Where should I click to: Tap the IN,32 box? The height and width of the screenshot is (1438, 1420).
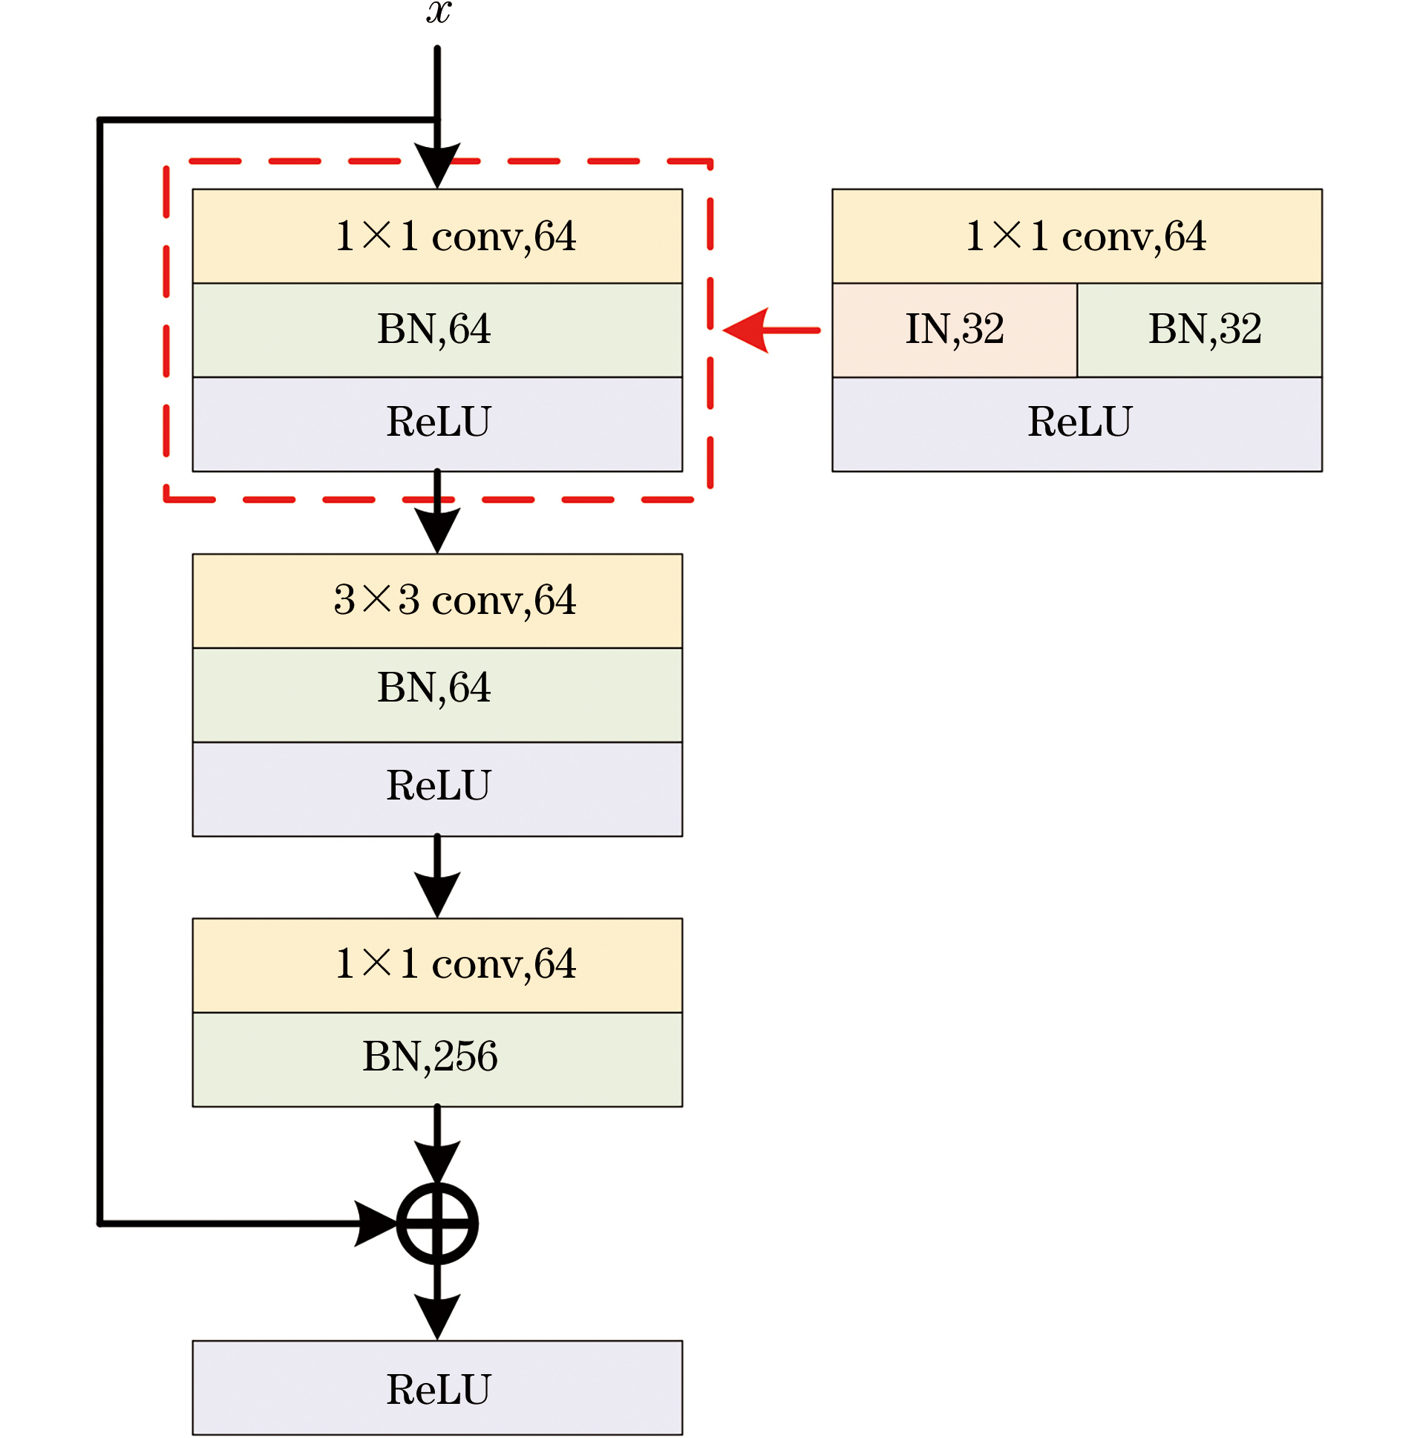point(954,330)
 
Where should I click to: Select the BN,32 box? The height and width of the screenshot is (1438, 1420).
point(1199,330)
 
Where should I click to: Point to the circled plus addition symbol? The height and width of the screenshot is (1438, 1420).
point(437,1223)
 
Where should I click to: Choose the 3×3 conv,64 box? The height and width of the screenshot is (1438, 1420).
point(437,601)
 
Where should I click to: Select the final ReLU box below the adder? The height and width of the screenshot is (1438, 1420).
point(437,1388)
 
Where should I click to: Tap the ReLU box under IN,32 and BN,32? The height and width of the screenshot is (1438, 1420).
point(1077,423)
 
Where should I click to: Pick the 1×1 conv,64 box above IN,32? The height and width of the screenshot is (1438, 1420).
point(1077,236)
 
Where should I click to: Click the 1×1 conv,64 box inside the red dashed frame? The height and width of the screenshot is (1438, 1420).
point(437,236)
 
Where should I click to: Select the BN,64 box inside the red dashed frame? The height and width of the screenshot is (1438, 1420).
point(437,330)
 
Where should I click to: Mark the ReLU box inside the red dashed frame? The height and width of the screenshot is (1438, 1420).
point(437,423)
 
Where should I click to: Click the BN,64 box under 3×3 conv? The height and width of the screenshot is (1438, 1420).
point(437,694)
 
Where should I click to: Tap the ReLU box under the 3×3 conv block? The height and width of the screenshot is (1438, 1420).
point(437,788)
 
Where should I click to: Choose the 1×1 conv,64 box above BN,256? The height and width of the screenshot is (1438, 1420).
point(437,964)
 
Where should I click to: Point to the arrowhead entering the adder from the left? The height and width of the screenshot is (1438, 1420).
point(376,1223)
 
